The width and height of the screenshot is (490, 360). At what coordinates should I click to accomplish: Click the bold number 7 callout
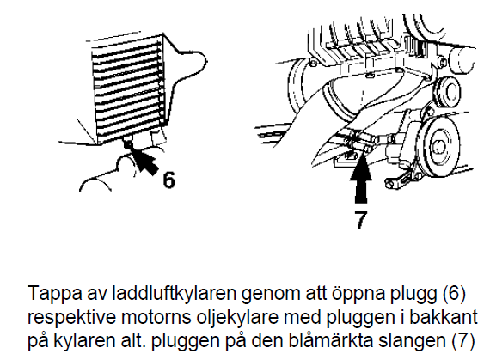360,219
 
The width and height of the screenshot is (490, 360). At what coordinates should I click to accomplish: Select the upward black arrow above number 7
361,180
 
